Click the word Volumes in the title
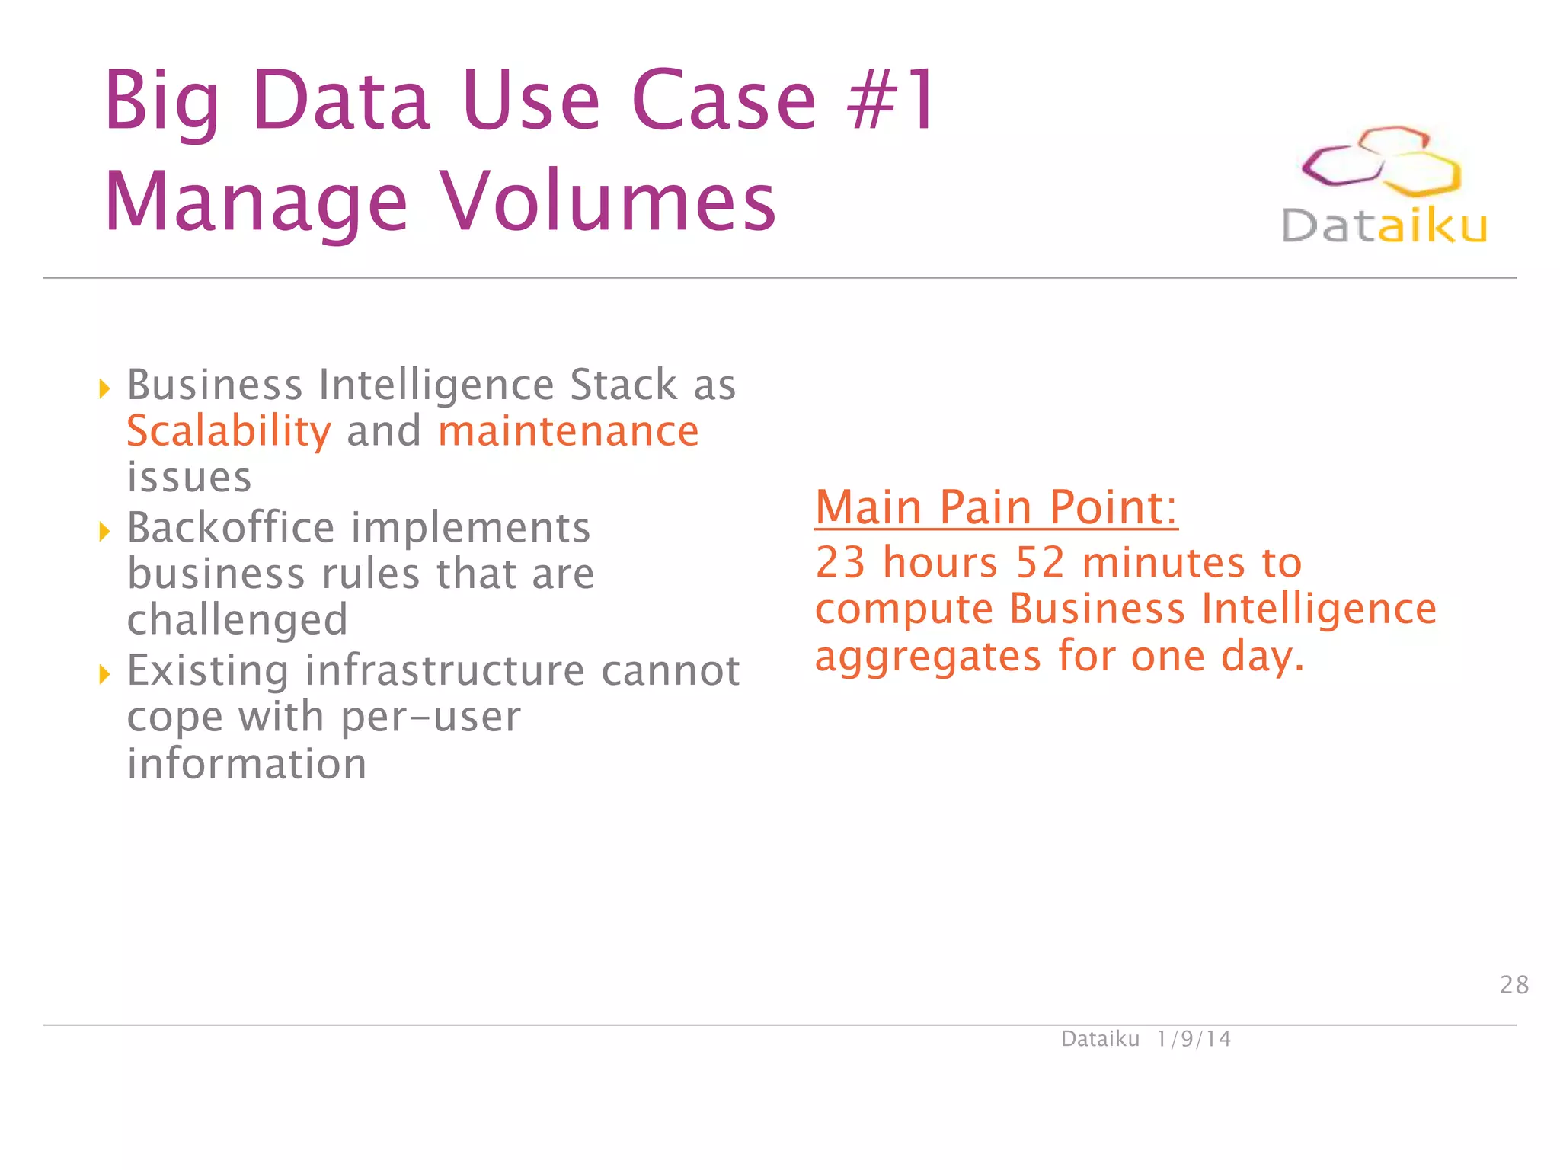[x=609, y=202]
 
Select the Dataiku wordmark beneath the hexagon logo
[x=1384, y=226]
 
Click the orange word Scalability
[x=229, y=432]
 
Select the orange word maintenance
[x=568, y=432]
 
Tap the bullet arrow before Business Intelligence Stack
[x=104, y=388]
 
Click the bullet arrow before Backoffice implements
[x=104, y=531]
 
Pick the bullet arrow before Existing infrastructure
[x=104, y=673]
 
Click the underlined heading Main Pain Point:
[x=996, y=507]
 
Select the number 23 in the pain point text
[x=840, y=563]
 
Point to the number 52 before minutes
[x=1040, y=563]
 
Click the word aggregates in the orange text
[x=928, y=657]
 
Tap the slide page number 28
[x=1514, y=985]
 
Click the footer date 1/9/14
[x=1193, y=1039]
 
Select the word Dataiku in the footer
[x=1100, y=1039]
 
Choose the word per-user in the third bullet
[x=430, y=718]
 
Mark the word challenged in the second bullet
[x=238, y=620]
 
